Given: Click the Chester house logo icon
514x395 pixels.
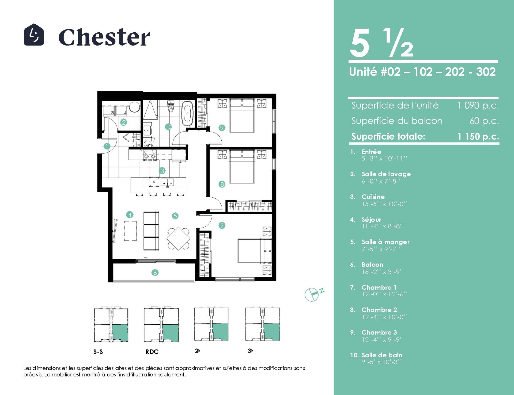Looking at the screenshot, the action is coord(34,35).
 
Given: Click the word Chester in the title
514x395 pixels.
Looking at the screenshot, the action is coord(104,37).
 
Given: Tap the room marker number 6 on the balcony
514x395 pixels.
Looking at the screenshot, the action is coord(155,273).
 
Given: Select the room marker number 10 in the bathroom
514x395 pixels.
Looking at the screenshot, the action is coord(168,126).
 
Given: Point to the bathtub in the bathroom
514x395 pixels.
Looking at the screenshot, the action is coord(187,113).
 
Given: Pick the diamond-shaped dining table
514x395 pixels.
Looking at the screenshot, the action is coord(178,238).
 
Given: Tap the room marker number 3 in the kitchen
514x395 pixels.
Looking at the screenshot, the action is coord(162,171).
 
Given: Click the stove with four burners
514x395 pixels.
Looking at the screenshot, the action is coord(150,155).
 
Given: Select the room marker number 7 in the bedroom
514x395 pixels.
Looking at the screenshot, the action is coord(222,225).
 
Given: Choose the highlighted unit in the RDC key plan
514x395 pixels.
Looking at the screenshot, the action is coord(171,333).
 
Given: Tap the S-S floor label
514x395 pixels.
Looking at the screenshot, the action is coord(98,352).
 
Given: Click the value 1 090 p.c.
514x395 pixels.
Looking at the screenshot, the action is coord(478,105).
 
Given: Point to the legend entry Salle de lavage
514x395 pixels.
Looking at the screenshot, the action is coord(386,174).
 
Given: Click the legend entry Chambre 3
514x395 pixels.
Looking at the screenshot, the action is coord(379,332).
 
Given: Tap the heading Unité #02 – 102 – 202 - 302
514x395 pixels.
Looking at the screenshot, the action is coord(422,72).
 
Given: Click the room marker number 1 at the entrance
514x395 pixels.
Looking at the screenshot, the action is coord(107,146).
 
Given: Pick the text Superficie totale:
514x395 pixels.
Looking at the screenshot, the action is coord(388,136).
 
